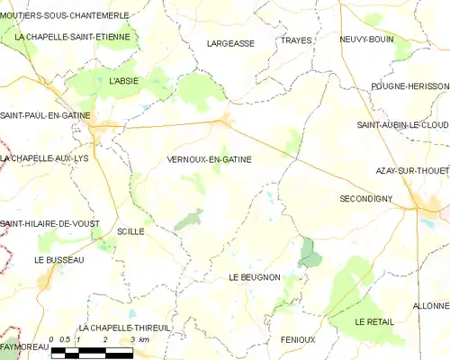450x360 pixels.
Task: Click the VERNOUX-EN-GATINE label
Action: pyautogui.click(x=209, y=159)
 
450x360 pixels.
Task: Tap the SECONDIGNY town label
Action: pyautogui.click(x=369, y=198)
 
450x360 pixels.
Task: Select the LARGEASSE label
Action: pyautogui.click(x=230, y=43)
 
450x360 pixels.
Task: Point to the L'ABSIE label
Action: pyautogui.click(x=124, y=82)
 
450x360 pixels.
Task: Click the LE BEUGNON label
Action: pyautogui.click(x=255, y=277)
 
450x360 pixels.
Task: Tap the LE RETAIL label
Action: pyautogui.click(x=373, y=321)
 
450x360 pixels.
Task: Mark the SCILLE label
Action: pyautogui.click(x=130, y=231)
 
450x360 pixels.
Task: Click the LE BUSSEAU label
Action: pyautogui.click(x=58, y=259)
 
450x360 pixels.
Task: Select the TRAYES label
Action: pyautogui.click(x=295, y=41)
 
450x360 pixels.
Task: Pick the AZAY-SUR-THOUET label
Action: pyautogui.click(x=412, y=170)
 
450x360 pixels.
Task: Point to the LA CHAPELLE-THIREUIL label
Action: pyautogui.click(x=124, y=328)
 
